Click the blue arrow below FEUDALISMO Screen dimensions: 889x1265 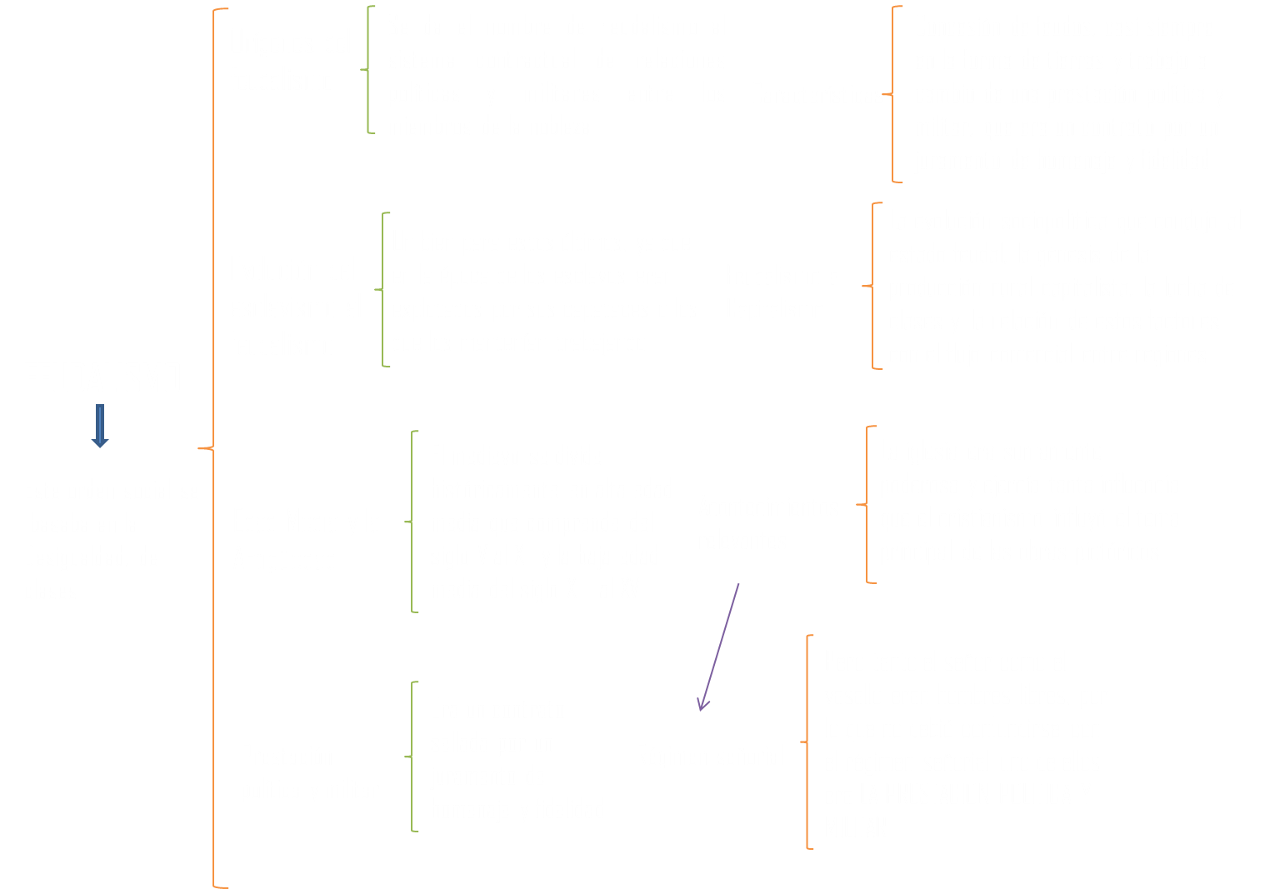100,426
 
